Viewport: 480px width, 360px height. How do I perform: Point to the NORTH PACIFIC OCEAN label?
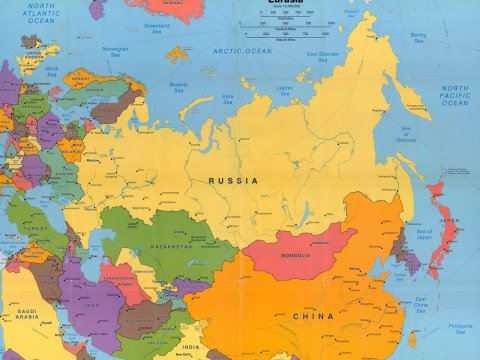[x=454, y=95]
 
